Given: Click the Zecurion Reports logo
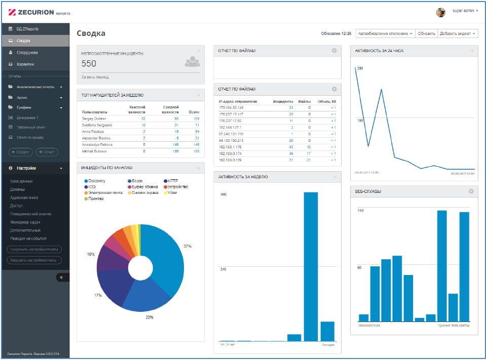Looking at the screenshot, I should click(x=38, y=12).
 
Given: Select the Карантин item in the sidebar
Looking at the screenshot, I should click(x=25, y=64).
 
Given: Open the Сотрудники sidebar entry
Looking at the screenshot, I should click(x=27, y=52).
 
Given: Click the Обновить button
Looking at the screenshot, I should click(x=426, y=33).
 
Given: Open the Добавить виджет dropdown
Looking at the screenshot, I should click(x=458, y=33).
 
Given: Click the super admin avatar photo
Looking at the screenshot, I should click(x=440, y=11).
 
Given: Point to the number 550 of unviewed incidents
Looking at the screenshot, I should click(x=89, y=64).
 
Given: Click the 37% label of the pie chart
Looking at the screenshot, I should click(x=187, y=246).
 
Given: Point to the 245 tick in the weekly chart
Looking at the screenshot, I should click(x=222, y=269).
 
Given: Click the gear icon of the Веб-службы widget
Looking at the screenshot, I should click(x=471, y=191).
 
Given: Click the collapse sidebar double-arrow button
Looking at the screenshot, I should click(x=61, y=277).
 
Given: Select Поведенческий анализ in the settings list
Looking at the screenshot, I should click(x=31, y=214).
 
